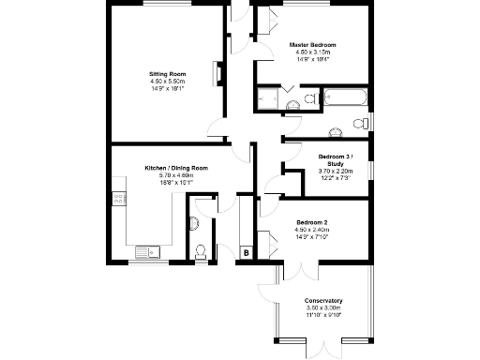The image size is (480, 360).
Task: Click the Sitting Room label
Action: click(x=168, y=73)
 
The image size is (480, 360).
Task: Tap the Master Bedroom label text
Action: click(x=312, y=44)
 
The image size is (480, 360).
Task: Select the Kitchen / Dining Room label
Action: click(x=175, y=168)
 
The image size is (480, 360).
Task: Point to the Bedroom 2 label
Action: click(x=311, y=222)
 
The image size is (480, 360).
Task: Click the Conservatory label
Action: click(x=323, y=300)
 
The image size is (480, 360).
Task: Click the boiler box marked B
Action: click(x=246, y=252)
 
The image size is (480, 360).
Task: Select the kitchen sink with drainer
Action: click(x=147, y=251)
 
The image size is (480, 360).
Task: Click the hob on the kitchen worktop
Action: click(x=118, y=198)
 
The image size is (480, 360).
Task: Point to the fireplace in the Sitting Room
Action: click(x=219, y=74)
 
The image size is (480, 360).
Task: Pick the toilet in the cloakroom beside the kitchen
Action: click(x=200, y=250)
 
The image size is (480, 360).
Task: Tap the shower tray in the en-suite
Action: click(x=267, y=98)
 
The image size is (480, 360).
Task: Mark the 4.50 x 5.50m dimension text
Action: click(x=168, y=82)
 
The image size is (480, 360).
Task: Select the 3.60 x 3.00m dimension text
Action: click(x=323, y=307)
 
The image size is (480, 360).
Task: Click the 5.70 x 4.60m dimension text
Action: click(x=175, y=175)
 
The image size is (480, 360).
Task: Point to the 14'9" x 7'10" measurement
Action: click(x=311, y=237)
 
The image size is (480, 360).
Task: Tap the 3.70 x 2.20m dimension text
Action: click(x=334, y=170)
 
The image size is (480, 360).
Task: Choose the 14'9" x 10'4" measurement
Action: click(x=312, y=59)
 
